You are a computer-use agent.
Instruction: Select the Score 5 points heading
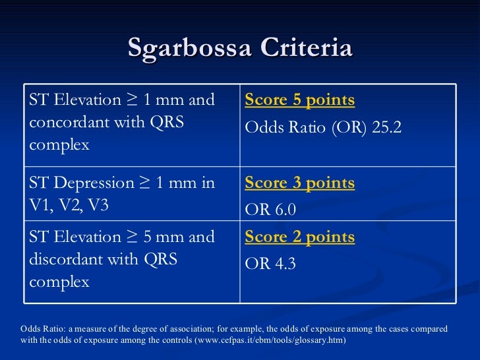point(299,100)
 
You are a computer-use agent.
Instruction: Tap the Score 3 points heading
point(299,183)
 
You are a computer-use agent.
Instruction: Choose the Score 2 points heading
point(299,237)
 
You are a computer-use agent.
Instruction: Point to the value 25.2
point(387,128)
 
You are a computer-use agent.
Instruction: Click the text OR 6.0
point(270,210)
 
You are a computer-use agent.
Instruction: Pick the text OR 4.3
point(270,264)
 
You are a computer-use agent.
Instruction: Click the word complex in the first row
point(59,145)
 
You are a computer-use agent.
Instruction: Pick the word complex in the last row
point(59,282)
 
